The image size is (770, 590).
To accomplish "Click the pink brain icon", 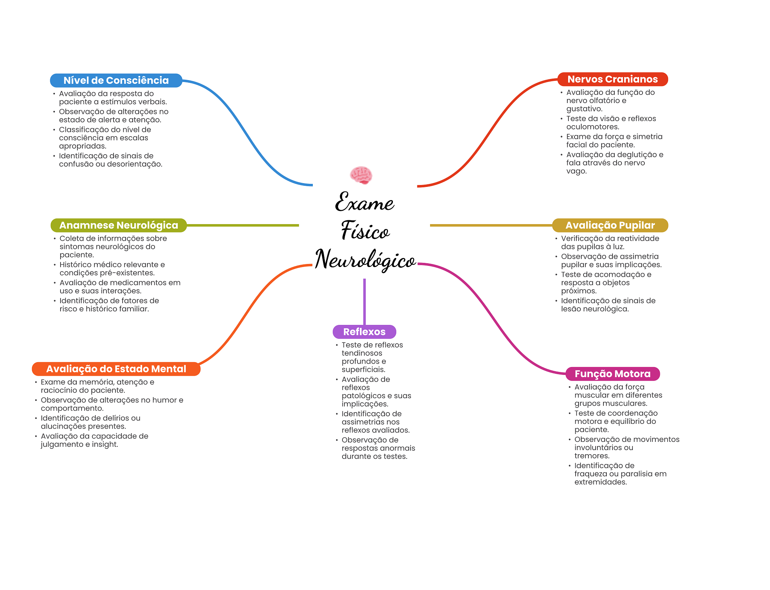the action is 361,175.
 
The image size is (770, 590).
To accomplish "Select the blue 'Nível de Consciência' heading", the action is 116,80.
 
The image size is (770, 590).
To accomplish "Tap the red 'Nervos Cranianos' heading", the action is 612,79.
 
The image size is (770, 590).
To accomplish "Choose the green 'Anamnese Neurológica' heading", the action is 119,225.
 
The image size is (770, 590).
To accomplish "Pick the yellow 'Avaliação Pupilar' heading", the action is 610,225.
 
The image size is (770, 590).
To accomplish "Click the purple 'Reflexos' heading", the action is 364,332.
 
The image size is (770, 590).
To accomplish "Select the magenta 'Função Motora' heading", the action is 612,374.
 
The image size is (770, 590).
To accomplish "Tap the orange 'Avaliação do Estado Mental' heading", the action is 116,369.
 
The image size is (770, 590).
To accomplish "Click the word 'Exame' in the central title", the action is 364,202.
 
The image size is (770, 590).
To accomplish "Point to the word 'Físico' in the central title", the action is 365,230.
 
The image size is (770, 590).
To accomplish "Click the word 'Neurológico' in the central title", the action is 365,259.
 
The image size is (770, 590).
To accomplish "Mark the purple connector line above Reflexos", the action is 364,302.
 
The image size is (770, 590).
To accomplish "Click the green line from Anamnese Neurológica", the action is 243,225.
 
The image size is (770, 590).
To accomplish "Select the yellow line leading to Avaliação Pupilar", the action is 491,225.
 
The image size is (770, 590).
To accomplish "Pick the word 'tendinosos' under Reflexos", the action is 362,353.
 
